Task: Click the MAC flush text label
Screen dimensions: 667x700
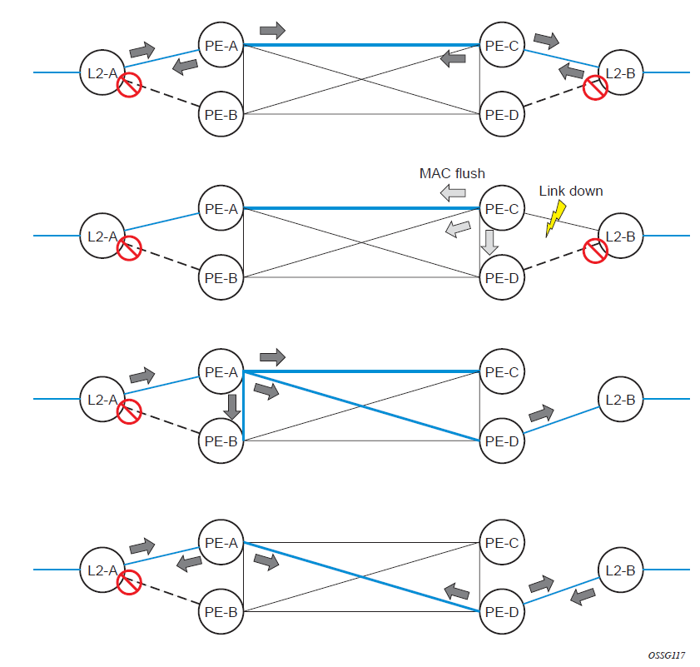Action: click(452, 173)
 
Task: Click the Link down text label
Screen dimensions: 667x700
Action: click(571, 191)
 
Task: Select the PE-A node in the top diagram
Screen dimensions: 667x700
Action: click(221, 46)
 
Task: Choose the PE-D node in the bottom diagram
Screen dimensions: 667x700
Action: click(502, 611)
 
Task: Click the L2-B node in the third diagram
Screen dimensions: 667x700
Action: click(620, 400)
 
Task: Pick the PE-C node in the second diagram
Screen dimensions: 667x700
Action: click(502, 208)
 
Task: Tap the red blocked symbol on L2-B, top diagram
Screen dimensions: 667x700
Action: click(594, 87)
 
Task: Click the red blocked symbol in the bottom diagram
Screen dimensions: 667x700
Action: click(128, 581)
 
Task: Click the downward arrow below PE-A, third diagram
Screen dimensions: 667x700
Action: click(232, 406)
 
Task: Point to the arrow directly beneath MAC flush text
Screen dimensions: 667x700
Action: click(453, 193)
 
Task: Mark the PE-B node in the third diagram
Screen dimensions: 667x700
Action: click(221, 441)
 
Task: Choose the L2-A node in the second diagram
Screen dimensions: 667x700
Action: click(102, 236)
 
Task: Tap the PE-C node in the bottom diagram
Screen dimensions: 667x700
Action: click(502, 543)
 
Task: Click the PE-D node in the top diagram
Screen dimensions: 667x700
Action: click(502, 113)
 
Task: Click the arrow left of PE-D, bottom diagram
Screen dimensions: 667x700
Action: click(455, 591)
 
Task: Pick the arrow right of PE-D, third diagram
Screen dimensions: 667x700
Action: click(541, 413)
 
